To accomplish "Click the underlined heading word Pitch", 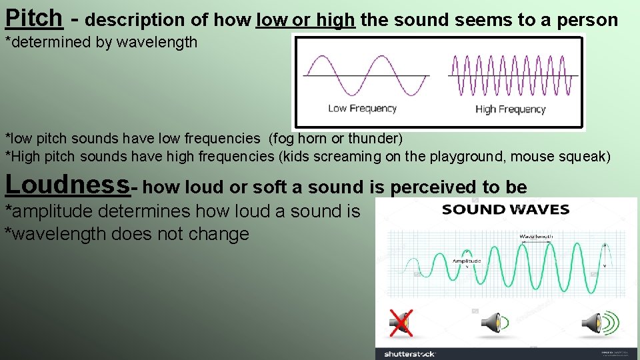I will tap(33, 19).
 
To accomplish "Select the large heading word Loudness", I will tap(67, 185).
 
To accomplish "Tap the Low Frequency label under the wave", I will tap(362, 108).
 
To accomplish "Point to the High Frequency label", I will tap(510, 109).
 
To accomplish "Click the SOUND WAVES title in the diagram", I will tap(505, 210).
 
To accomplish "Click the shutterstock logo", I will tap(409, 353).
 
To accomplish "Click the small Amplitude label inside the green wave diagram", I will tap(467, 261).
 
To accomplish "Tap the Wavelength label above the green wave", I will tap(537, 236).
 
